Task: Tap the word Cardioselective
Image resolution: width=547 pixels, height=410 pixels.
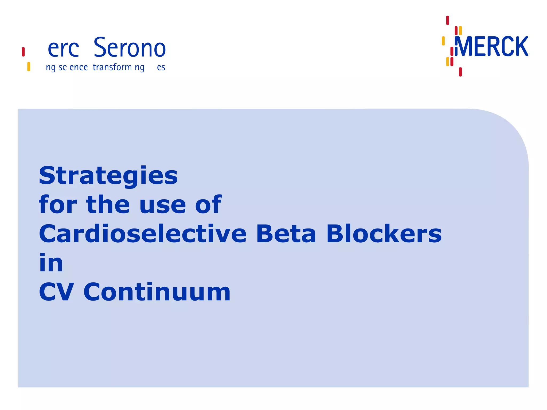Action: pyautogui.click(x=143, y=234)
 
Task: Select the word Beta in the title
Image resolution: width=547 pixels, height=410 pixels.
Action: pyautogui.click(x=286, y=234)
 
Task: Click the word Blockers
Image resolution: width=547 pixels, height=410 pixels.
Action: pyautogui.click(x=384, y=234)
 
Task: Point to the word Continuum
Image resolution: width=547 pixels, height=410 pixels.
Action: pyautogui.click(x=157, y=292)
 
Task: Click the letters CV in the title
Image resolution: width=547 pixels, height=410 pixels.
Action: pyautogui.click(x=56, y=292)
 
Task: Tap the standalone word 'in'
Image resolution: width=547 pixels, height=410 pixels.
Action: pyautogui.click(x=51, y=263)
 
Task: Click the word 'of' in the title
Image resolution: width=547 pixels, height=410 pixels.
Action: pyautogui.click(x=208, y=205)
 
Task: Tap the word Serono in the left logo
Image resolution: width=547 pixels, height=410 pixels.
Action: pyautogui.click(x=130, y=48)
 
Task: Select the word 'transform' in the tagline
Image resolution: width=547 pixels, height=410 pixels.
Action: pyautogui.click(x=112, y=67)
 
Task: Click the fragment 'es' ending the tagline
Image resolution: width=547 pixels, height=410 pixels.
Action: pyautogui.click(x=161, y=68)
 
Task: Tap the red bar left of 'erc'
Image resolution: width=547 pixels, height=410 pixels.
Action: pyautogui.click(x=24, y=52)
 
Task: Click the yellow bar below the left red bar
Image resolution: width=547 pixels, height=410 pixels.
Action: pyautogui.click(x=29, y=66)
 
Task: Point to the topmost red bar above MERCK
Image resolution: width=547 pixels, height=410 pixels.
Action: pyautogui.click(x=448, y=20)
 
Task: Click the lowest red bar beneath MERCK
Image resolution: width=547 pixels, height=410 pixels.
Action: pyautogui.click(x=460, y=72)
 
